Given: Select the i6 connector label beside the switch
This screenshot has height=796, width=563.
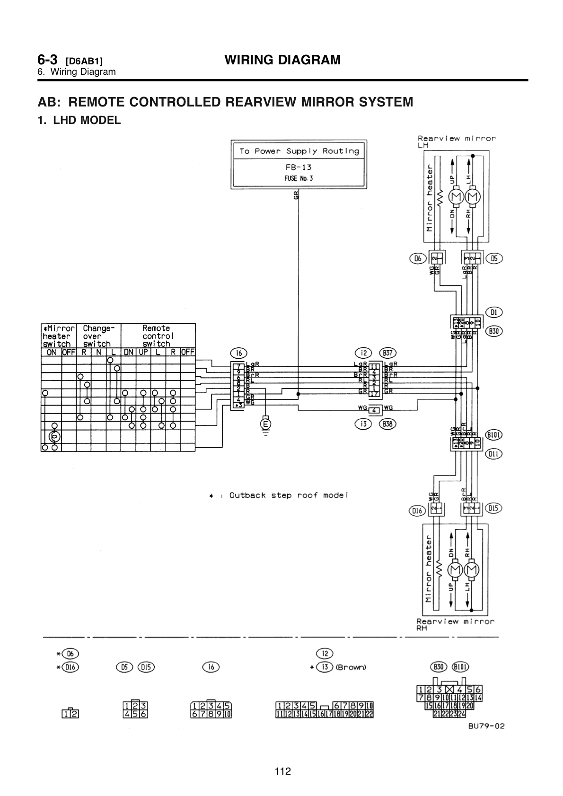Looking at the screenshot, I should (x=237, y=353).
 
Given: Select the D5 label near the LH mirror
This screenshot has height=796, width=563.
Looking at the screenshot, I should (x=495, y=258).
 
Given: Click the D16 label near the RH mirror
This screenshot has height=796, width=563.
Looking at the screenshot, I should (x=416, y=511).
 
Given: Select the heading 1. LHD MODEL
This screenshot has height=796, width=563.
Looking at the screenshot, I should (x=79, y=120).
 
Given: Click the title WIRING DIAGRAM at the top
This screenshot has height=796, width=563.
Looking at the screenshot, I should (x=282, y=60).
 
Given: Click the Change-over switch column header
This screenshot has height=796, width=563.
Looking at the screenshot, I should (x=97, y=336).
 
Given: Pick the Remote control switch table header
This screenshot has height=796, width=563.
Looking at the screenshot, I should (x=156, y=336).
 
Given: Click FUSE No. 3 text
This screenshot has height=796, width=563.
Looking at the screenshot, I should (x=298, y=178).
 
